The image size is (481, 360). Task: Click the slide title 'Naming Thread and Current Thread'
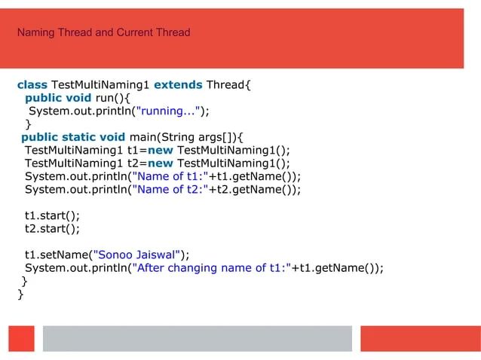(x=103, y=32)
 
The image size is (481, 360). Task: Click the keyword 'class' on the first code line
(x=32, y=84)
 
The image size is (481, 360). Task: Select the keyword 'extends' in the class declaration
(x=177, y=84)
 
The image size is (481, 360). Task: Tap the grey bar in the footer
(x=197, y=338)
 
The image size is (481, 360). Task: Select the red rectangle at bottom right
(x=419, y=338)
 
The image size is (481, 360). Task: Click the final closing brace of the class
(x=21, y=294)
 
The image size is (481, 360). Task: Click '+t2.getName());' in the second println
(x=255, y=190)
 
